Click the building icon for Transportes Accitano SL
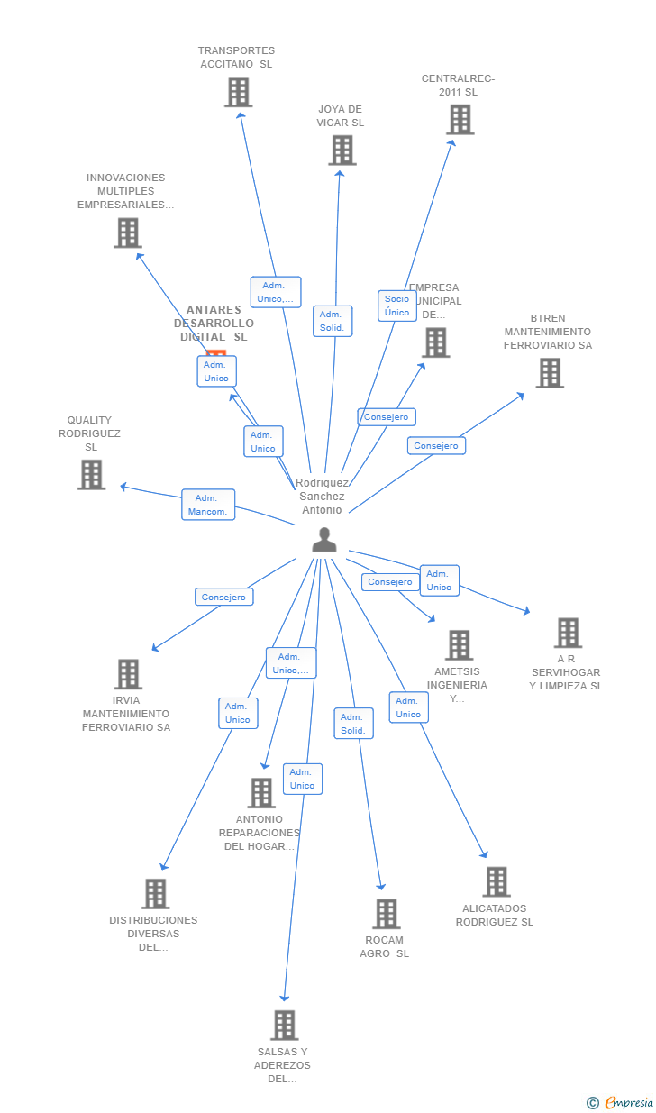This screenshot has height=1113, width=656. tap(238, 92)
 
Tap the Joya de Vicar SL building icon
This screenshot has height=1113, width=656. tap(342, 151)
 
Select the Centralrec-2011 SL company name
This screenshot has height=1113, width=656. tap(458, 85)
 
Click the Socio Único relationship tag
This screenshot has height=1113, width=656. tap(396, 306)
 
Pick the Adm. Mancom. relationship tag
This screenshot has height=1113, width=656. tap(208, 505)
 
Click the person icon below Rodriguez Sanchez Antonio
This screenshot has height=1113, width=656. tap(323, 540)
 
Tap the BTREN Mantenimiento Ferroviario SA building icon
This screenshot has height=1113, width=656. tap(549, 373)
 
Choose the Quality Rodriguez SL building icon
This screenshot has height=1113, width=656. tap(91, 475)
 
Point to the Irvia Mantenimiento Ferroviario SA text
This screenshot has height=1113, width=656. tap(126, 714)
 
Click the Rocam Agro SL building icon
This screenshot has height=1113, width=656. tap(386, 914)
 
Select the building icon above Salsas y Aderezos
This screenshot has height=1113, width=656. tap(284, 1026)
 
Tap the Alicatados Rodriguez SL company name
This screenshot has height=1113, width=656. tap(494, 915)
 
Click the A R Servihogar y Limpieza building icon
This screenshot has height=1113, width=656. tap(567, 633)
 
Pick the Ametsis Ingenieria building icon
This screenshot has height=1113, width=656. tap(459, 645)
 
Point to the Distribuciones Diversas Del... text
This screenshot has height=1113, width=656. tap(153, 934)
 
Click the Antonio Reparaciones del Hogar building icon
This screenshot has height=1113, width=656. tap(260, 793)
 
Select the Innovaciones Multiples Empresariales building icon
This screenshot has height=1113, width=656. tap(127, 233)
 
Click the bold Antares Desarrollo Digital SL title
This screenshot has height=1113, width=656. tap(214, 324)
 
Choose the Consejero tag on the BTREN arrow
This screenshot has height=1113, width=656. tap(436, 445)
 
